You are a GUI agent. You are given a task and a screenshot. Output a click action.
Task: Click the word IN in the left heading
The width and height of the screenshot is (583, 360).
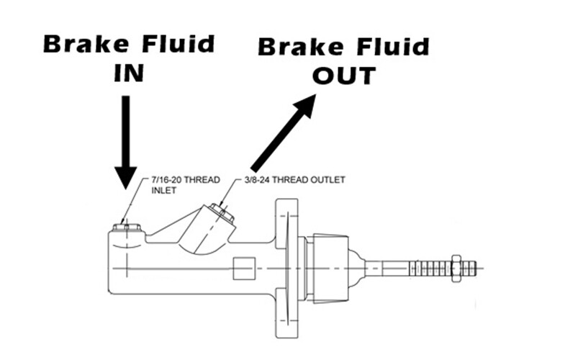click(129, 73)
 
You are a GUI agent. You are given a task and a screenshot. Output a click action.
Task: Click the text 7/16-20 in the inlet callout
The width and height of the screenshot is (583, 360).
click(166, 179)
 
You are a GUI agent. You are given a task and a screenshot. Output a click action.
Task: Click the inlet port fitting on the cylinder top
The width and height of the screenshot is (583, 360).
click(125, 228)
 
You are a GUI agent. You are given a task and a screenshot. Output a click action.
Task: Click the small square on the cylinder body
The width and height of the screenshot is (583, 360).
click(245, 267)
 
